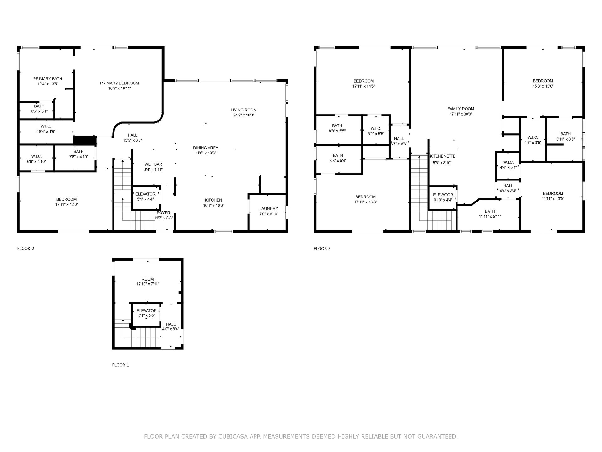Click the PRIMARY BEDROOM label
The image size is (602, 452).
119,83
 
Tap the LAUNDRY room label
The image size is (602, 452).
269,209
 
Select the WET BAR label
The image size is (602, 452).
153,164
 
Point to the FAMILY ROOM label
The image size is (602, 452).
461,109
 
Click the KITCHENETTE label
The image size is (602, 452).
443,156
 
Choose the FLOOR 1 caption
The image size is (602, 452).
120,365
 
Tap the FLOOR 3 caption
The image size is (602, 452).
322,249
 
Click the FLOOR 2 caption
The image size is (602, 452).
25,249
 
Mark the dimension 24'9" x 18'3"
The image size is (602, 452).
244,115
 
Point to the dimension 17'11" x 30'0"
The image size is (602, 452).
461,114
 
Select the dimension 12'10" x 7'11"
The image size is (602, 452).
148,284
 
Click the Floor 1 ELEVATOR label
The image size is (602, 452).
146,311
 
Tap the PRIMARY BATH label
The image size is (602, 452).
48,79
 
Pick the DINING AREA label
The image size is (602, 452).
206,148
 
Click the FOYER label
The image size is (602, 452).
163,213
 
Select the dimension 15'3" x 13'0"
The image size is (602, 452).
543,86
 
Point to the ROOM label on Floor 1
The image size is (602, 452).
148,279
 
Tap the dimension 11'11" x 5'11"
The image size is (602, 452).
490,217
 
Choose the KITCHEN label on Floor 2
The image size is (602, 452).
214,200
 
